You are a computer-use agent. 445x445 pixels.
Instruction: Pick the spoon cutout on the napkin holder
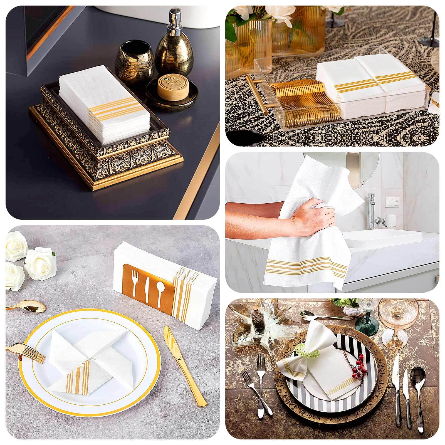[160, 291]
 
